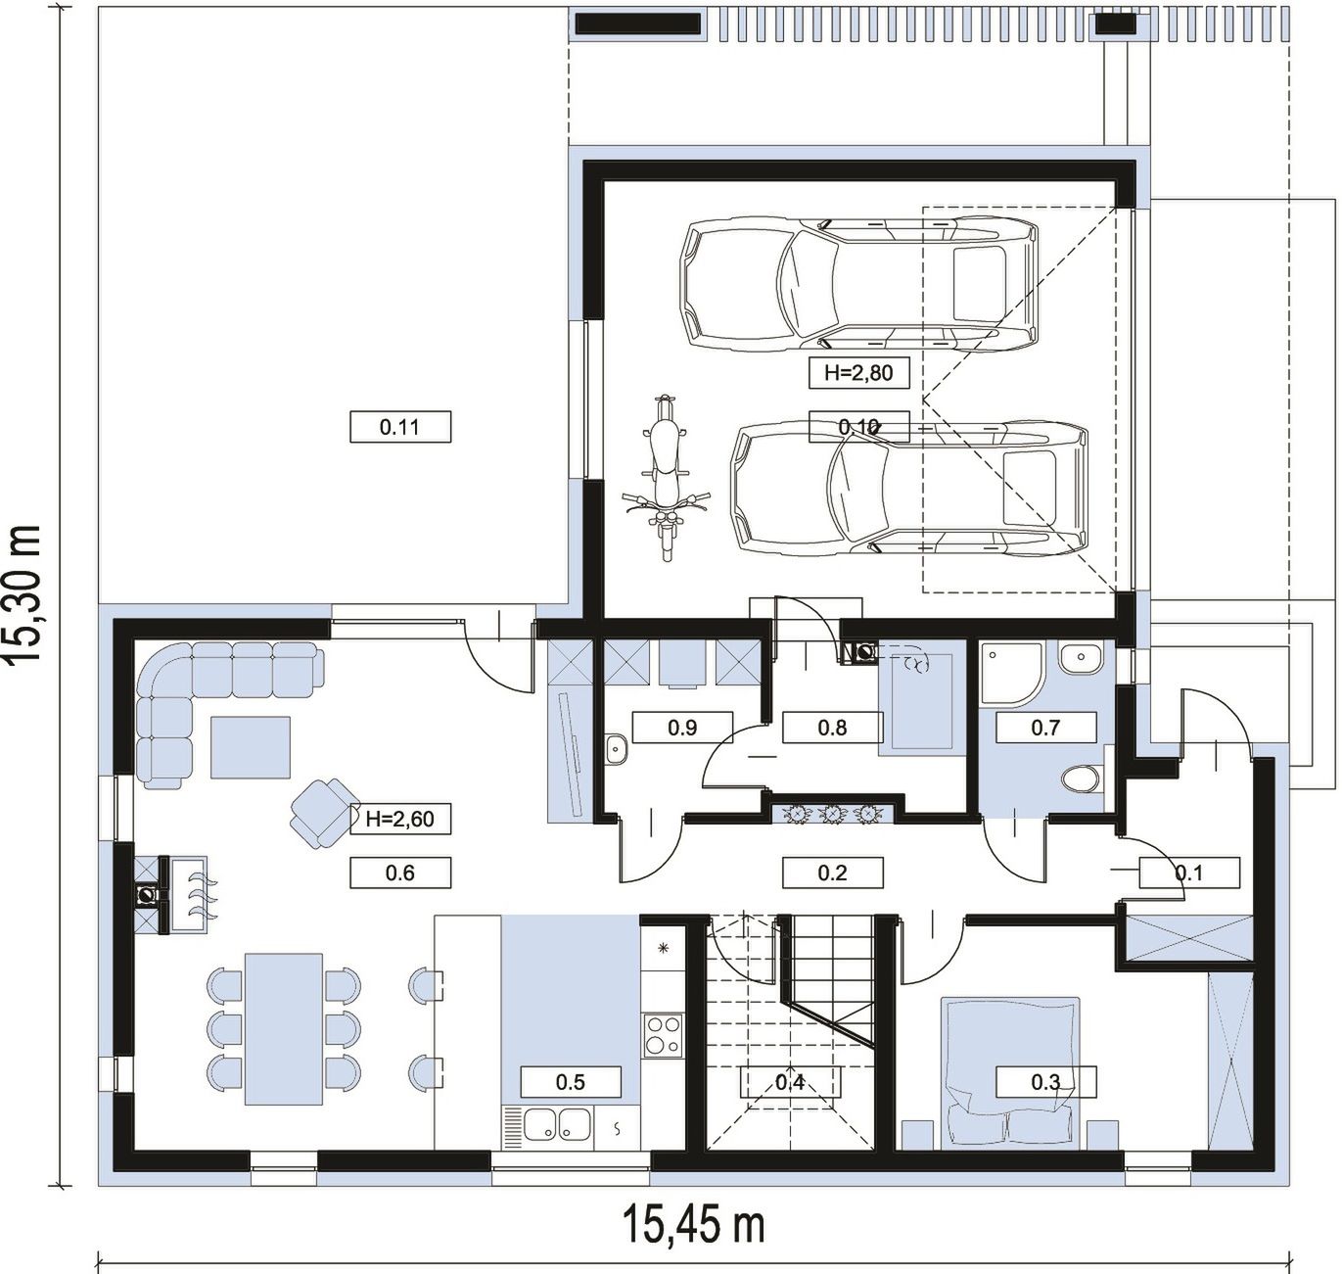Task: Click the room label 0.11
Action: coord(400,427)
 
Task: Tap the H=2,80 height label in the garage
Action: coord(858,372)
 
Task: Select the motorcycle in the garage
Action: coord(666,478)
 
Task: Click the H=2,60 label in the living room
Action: coord(400,819)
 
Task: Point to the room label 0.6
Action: coord(400,873)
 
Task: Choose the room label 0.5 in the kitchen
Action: coord(571,1082)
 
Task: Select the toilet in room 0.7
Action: coord(1082,779)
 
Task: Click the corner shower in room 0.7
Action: coord(1009,674)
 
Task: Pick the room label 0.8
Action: coord(833,728)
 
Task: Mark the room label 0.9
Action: coord(682,728)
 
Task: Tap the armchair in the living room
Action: coord(325,813)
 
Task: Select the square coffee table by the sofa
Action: coord(251,747)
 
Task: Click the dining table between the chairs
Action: coord(284,1029)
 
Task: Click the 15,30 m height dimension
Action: coord(23,593)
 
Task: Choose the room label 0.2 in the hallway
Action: coord(833,873)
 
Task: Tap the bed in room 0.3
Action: coord(1011,1073)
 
